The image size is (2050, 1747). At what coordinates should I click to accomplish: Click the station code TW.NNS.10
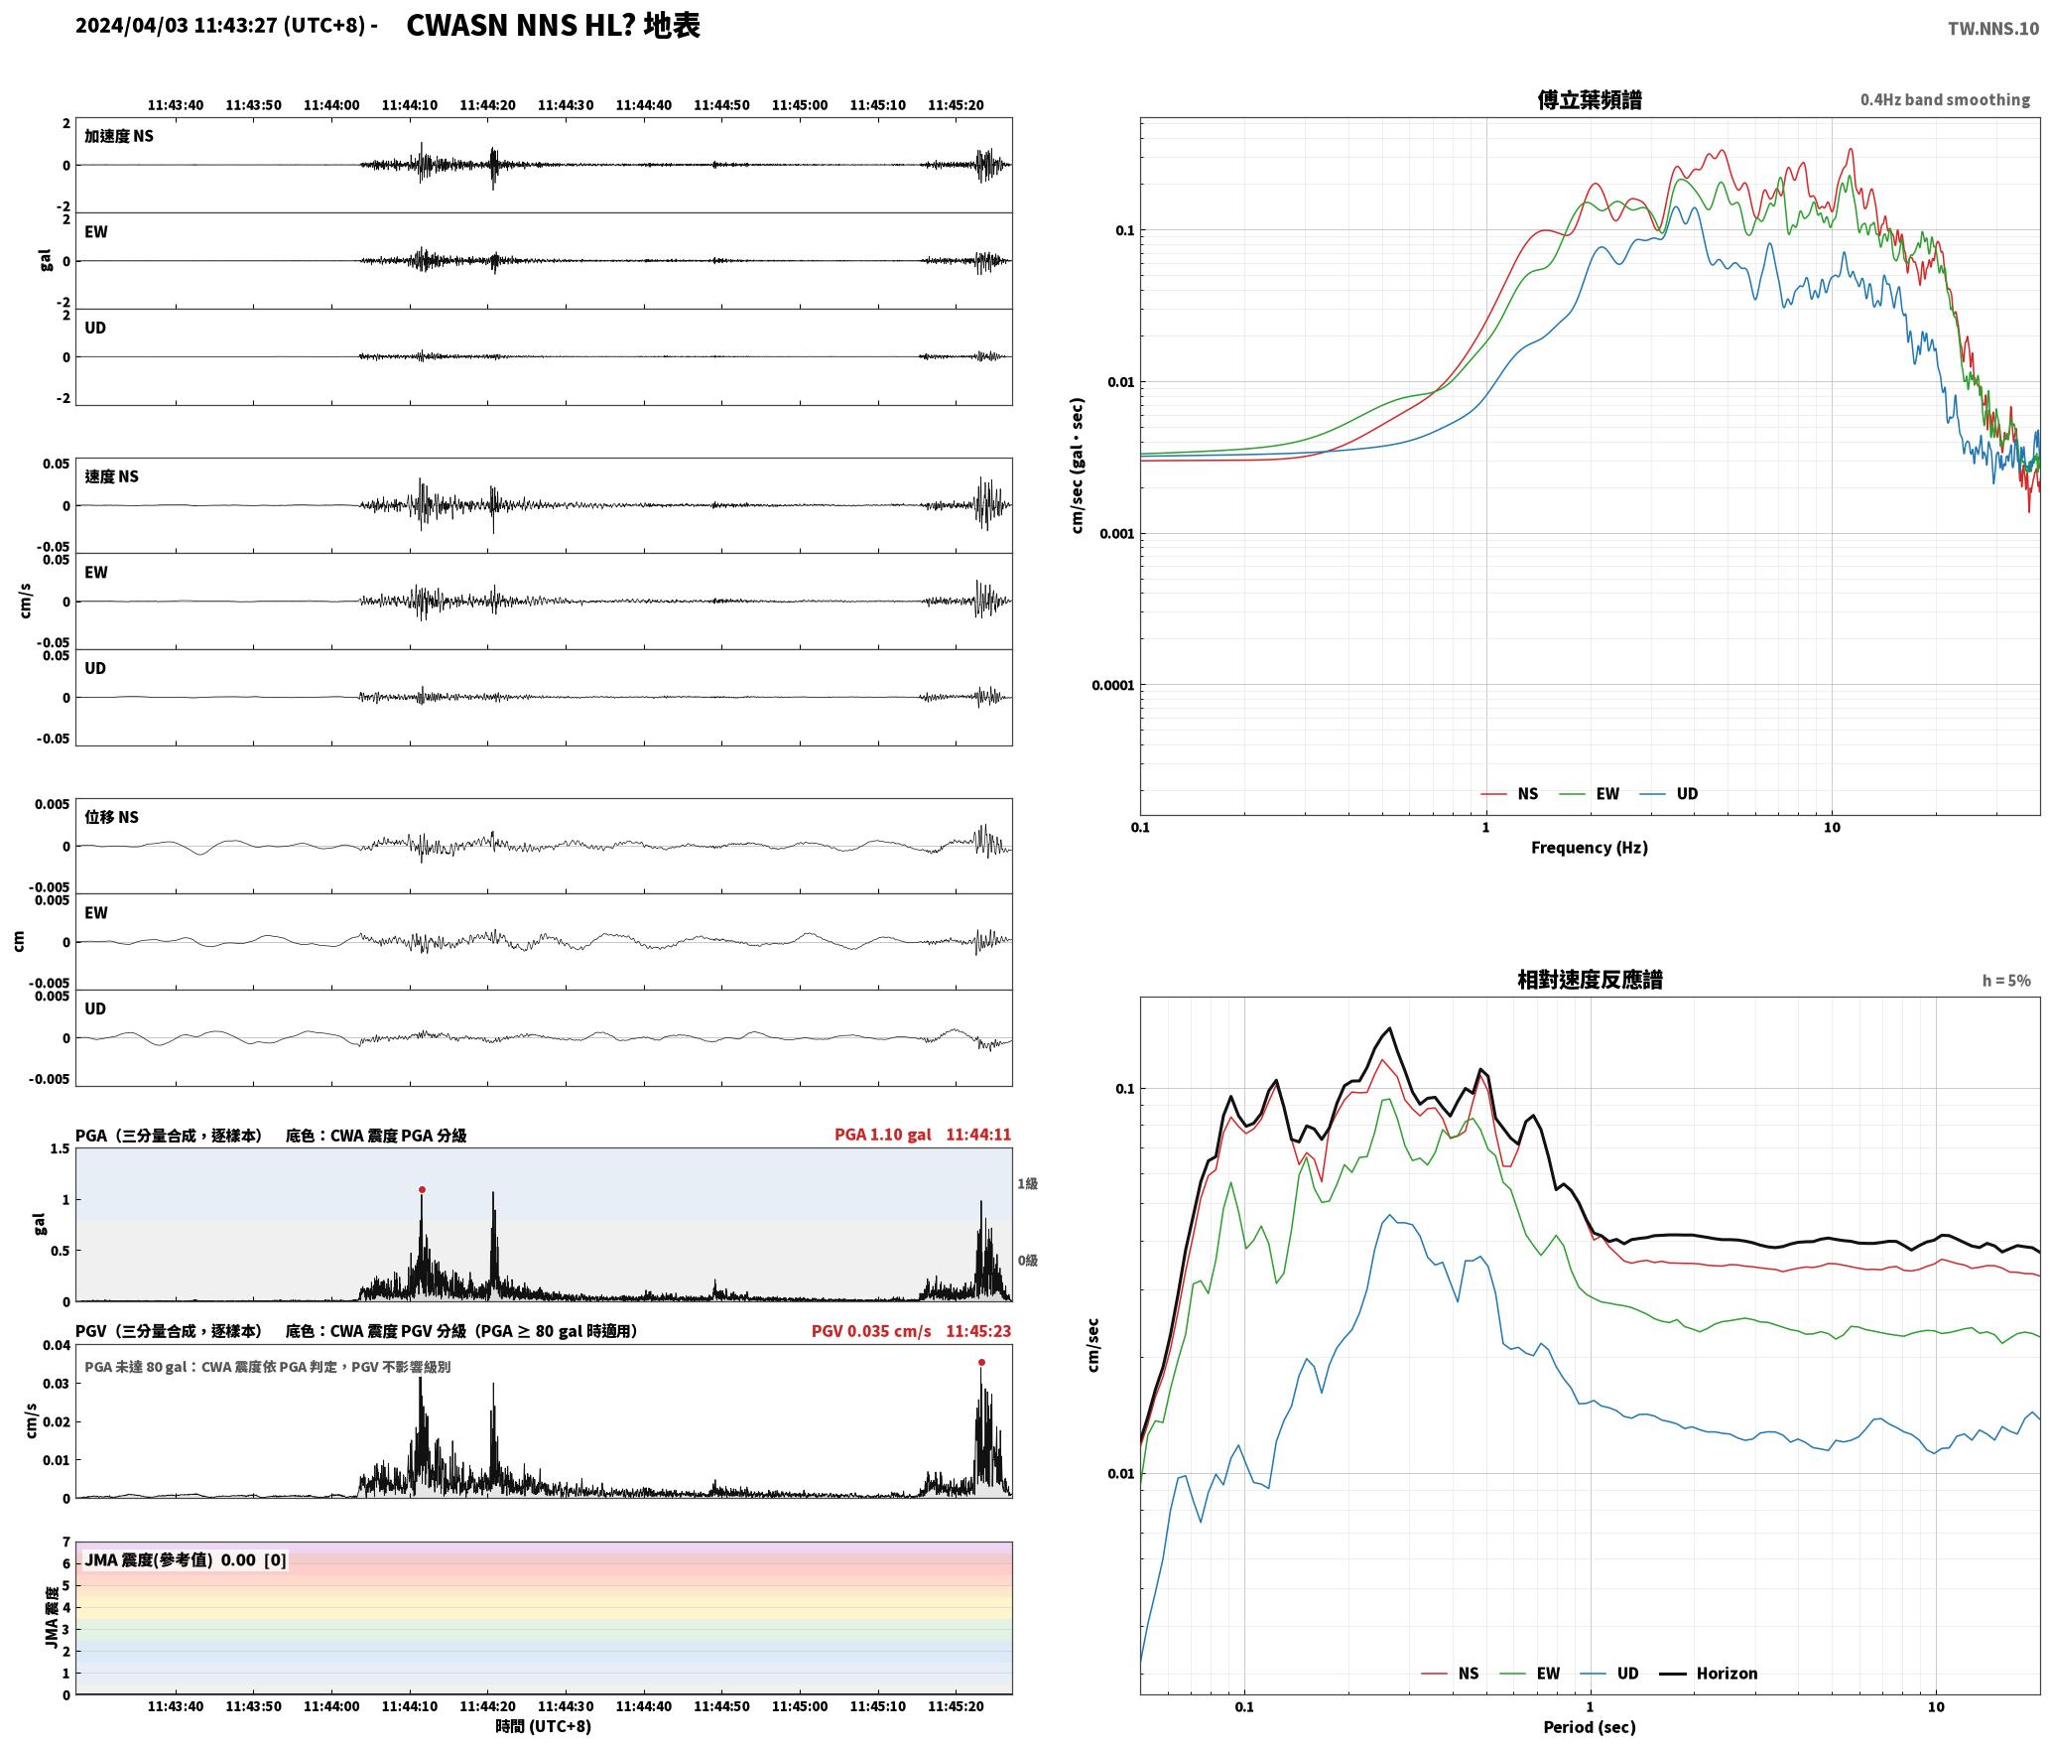1993,28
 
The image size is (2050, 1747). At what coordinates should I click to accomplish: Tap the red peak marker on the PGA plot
422,1189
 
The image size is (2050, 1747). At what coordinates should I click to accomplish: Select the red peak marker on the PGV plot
981,1363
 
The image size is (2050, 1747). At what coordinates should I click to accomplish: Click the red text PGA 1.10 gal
882,1135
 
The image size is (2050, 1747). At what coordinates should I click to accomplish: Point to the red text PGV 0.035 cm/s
871,1331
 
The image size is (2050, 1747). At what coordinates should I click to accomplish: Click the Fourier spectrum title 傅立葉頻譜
1590,99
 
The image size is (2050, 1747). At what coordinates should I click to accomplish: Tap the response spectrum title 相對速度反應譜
1590,980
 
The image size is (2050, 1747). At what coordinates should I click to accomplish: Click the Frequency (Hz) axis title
1590,848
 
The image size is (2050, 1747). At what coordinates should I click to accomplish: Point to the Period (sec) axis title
1590,1727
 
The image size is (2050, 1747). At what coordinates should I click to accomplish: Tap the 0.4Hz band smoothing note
1945,100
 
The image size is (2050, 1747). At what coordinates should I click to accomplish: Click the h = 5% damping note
2006,981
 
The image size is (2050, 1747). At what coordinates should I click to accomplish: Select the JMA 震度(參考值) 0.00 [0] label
186,1559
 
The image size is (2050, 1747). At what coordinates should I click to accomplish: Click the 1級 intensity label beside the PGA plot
1027,1183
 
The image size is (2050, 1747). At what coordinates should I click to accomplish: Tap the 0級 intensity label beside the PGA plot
1027,1261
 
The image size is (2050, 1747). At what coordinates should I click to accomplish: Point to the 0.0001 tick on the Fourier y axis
1112,685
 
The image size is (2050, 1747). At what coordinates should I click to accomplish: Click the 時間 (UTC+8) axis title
544,1726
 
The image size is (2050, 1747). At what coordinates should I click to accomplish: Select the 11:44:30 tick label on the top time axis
566,105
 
